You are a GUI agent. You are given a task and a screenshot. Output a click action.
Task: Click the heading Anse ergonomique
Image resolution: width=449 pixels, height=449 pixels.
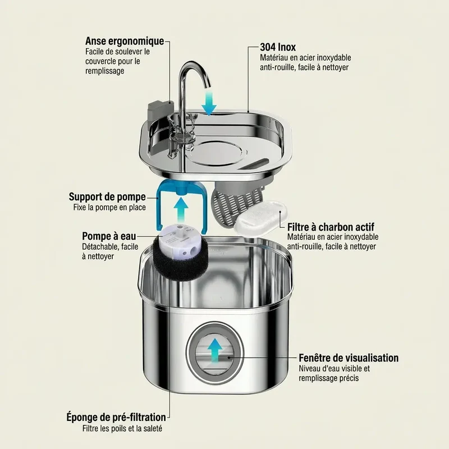(x=125, y=41)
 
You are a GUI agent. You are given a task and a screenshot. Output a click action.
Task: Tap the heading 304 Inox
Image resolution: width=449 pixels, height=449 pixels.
(x=278, y=47)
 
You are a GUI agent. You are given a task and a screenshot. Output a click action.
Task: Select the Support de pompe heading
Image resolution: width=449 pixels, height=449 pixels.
(x=107, y=197)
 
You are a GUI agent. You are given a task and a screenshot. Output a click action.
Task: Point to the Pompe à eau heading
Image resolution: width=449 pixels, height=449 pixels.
(x=109, y=236)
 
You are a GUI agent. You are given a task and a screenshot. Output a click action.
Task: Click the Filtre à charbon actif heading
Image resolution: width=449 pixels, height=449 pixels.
(x=331, y=227)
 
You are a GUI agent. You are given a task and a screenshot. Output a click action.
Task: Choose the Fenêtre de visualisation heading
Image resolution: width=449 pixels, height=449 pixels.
(x=349, y=358)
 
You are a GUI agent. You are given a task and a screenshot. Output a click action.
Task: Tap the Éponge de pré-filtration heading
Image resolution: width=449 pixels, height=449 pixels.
(x=116, y=417)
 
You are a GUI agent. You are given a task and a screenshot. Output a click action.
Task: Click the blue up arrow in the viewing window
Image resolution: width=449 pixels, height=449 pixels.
(x=215, y=351)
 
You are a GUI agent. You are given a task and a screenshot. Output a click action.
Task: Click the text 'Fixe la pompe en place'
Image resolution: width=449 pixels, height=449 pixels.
(x=109, y=207)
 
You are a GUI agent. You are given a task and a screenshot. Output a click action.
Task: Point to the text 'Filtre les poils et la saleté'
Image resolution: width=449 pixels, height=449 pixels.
(x=122, y=429)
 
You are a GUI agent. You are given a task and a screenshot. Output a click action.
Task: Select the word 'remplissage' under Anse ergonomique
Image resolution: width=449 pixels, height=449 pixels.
(x=105, y=71)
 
